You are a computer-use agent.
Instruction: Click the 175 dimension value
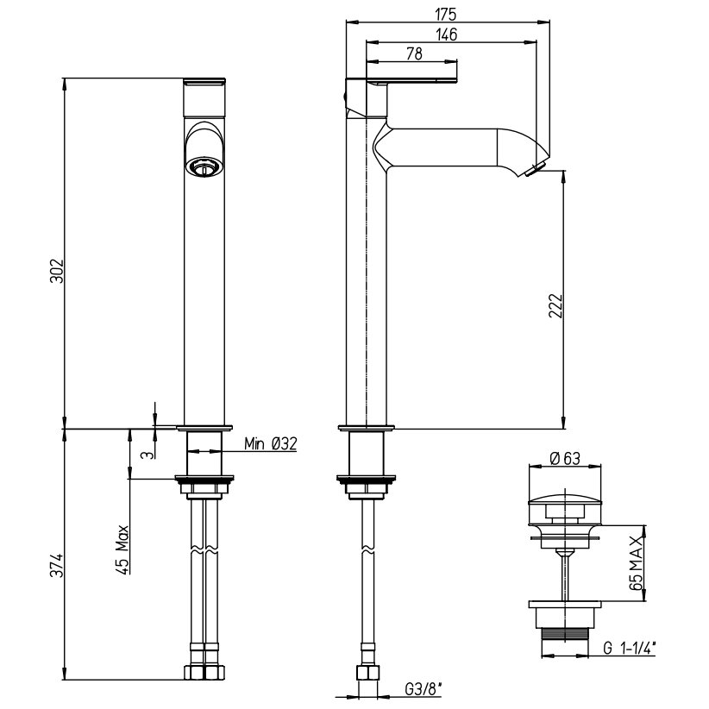coord(446,15)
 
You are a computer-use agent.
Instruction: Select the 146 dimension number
coord(447,35)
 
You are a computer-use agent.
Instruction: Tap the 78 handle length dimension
coord(415,53)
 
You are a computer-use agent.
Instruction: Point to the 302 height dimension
coord(58,270)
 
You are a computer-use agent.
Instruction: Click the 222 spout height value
coord(555,305)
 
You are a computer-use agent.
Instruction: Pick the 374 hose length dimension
coord(58,565)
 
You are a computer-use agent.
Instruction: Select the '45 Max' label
coord(123,549)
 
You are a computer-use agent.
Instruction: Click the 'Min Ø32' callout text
coord(271,443)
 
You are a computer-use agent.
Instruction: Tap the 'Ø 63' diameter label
coord(565,459)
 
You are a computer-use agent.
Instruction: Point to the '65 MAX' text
coord(636,563)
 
